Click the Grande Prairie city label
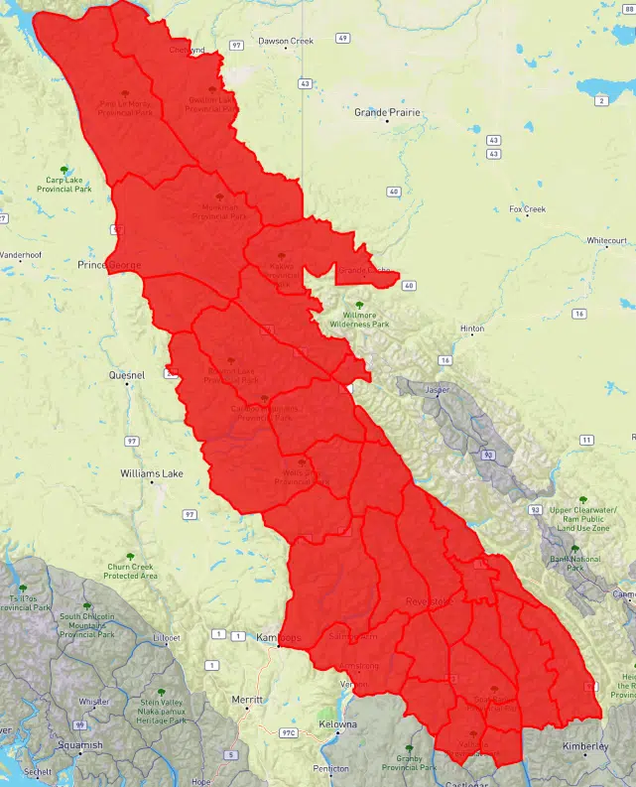tap(387, 113)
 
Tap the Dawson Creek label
tap(285, 42)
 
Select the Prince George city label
tap(109, 266)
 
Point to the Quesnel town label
tap(127, 376)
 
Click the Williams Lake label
tap(152, 474)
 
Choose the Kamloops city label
tap(277, 637)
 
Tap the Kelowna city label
tap(338, 725)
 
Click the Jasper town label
tap(437, 391)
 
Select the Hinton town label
tap(471, 328)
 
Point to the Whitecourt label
tap(606, 241)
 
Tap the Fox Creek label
tap(527, 209)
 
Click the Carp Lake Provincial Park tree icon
tap(64, 170)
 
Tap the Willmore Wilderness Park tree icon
tap(360, 305)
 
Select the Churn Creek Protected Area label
tap(131, 572)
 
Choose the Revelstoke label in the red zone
tap(429, 602)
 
